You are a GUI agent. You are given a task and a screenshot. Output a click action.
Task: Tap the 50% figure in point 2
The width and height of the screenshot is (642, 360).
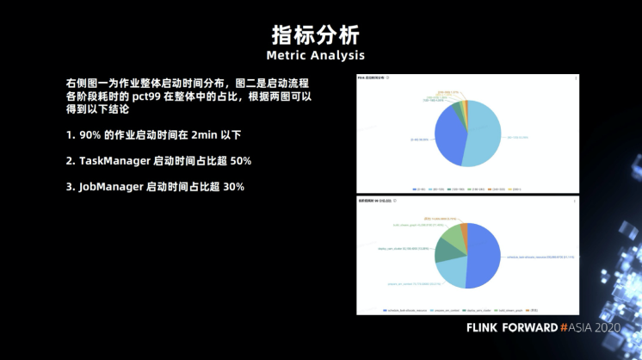click(240, 161)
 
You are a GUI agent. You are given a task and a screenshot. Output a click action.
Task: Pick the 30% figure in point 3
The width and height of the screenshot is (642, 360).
click(233, 187)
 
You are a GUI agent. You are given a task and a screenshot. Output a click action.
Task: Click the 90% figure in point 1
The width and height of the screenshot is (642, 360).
click(90, 135)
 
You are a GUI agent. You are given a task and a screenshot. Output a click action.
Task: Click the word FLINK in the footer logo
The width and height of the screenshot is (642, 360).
click(488, 327)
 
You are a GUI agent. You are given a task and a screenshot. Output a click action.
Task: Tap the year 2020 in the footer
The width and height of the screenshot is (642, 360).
click(606, 327)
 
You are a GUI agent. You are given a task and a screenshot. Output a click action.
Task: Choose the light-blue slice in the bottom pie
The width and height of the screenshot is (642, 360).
click(451, 272)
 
